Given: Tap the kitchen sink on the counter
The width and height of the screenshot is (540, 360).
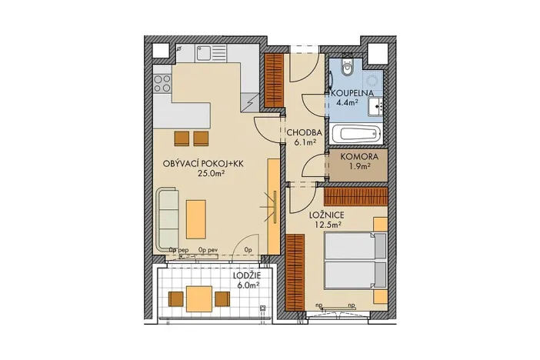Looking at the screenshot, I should (205, 54).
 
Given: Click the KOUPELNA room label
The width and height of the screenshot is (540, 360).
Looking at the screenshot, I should (352, 93).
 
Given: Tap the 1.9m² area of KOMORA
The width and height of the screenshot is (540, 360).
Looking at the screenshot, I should (354, 165).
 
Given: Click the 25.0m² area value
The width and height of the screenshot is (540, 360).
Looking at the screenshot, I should (208, 174).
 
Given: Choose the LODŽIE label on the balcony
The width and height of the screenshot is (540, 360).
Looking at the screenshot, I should (247, 274).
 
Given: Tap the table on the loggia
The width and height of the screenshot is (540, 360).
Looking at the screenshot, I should (201, 298).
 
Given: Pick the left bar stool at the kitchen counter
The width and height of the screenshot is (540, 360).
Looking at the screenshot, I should (182, 138).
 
